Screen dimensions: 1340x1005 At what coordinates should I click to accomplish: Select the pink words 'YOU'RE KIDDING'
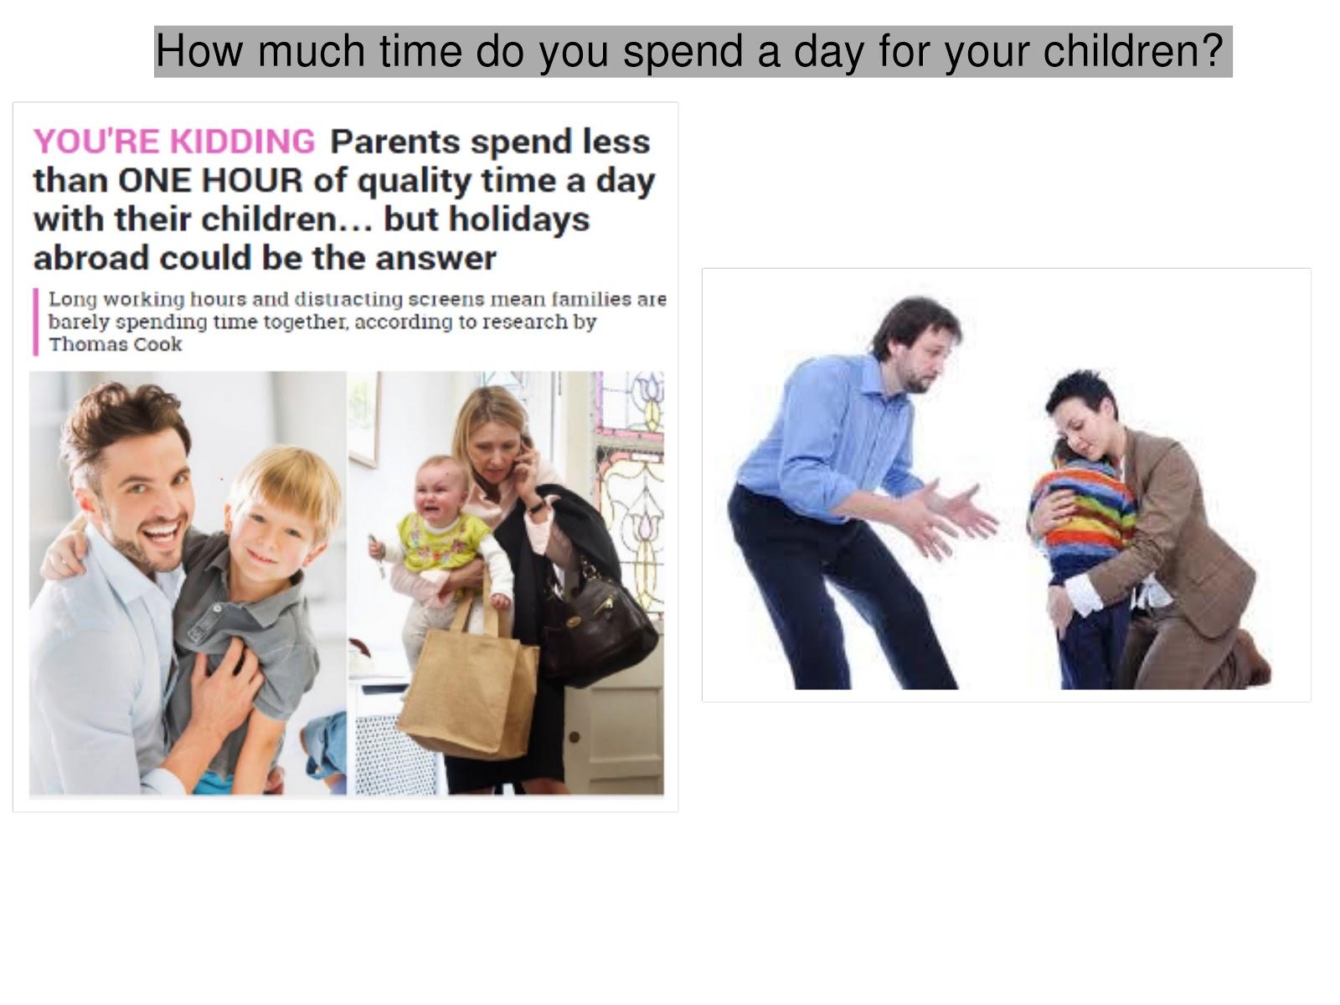point(174,142)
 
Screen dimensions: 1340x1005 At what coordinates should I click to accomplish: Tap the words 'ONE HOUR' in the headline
point(210,181)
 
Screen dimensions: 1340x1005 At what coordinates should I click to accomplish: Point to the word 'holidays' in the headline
point(519,219)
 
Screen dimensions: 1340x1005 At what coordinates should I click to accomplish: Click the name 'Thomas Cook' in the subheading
point(116,345)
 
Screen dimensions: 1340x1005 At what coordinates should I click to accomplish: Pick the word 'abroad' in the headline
point(90,258)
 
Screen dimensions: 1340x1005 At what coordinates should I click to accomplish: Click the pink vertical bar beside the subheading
point(35,322)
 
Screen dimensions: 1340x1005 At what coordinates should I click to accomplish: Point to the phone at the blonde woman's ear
point(523,453)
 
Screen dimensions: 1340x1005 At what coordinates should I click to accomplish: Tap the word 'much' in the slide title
point(312,50)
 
